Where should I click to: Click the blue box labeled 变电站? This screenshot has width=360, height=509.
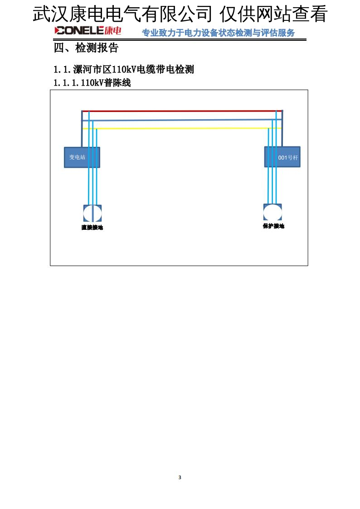point(82,157)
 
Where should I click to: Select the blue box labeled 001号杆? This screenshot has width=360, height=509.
point(282,157)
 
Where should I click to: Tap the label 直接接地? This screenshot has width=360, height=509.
point(92,228)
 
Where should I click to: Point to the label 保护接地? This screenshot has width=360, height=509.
point(273,226)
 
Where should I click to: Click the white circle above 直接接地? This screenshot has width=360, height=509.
point(92,213)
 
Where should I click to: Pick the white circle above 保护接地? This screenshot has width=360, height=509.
point(272,212)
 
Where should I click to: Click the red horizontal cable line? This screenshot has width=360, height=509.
point(181,111)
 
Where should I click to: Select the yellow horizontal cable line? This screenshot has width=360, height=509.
point(181,128)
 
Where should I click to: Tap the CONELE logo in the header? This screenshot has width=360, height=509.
point(79,31)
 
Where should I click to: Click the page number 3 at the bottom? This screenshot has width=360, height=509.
point(180,477)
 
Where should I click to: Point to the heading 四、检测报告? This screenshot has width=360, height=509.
point(86,48)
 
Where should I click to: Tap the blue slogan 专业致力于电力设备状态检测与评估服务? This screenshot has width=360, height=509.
point(218,33)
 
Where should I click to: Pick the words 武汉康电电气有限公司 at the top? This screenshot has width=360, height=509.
point(122,15)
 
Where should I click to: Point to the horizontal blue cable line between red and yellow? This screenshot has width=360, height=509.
point(181,120)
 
